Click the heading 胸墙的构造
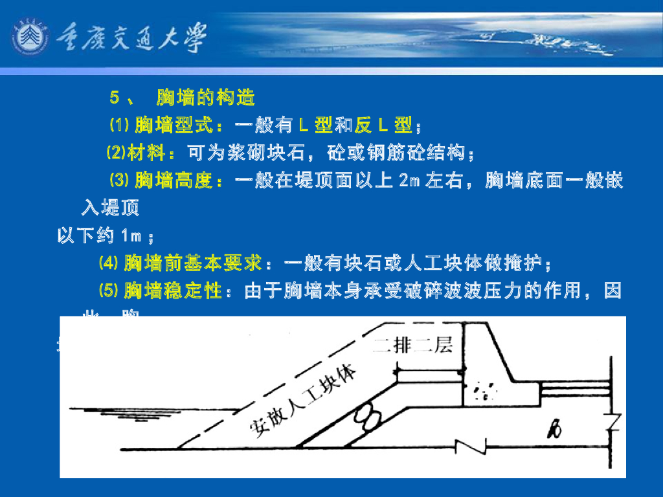pos(206,98)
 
